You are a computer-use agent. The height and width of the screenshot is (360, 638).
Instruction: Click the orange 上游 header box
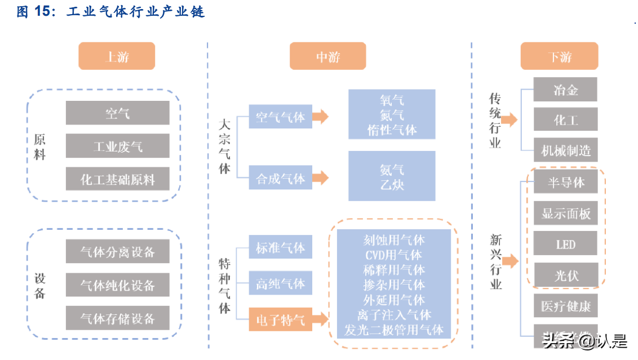(117, 56)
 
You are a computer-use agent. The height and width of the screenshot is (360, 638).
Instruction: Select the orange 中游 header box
(327, 56)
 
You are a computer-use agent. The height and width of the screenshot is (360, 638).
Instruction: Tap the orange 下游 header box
(559, 56)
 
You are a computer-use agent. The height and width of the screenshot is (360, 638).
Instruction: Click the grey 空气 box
(117, 113)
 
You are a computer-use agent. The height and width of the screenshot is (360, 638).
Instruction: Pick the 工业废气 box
(117, 146)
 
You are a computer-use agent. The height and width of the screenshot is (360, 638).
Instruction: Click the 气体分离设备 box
(117, 251)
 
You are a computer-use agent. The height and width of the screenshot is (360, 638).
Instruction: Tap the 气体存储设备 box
(117, 318)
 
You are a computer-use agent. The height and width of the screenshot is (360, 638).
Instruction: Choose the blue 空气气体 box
(280, 117)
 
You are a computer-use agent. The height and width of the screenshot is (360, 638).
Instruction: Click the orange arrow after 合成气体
(320, 178)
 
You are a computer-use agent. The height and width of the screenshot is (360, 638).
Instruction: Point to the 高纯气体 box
(280, 283)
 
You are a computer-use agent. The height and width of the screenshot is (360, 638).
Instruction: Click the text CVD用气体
(393, 255)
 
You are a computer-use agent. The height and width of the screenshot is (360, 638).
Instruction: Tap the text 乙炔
(392, 185)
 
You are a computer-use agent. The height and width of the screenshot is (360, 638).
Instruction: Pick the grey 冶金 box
(565, 90)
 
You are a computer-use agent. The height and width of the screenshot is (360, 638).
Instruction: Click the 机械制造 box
(565, 150)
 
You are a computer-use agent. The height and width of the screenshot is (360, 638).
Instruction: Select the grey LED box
(565, 244)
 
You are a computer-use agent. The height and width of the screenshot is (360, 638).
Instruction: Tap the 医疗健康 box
(565, 306)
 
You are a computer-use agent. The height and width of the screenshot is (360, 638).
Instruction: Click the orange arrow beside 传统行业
(509, 119)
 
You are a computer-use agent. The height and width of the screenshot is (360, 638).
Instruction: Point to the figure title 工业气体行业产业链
(135, 11)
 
